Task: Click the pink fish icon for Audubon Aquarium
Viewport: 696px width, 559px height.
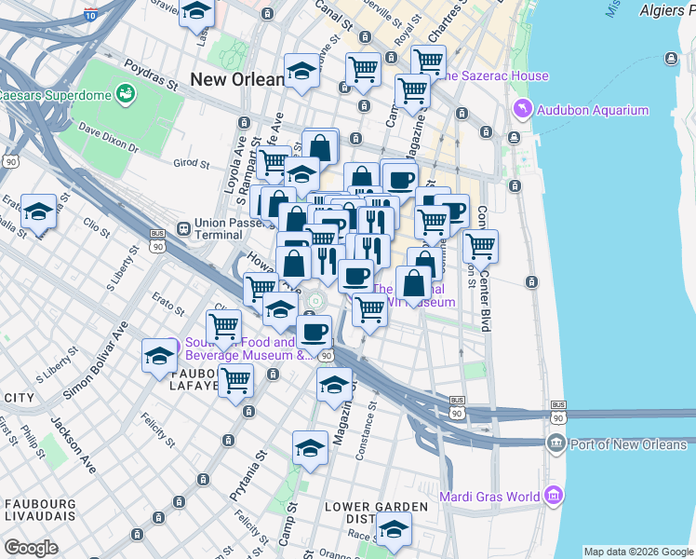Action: tap(522, 110)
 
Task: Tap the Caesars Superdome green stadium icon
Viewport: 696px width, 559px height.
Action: tap(125, 94)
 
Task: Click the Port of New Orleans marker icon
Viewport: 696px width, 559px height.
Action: tap(556, 443)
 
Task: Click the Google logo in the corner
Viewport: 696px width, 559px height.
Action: tap(31, 548)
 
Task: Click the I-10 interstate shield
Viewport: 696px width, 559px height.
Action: tap(89, 14)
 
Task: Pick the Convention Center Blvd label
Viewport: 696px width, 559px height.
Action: tap(484, 279)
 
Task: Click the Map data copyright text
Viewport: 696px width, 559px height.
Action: tap(637, 552)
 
